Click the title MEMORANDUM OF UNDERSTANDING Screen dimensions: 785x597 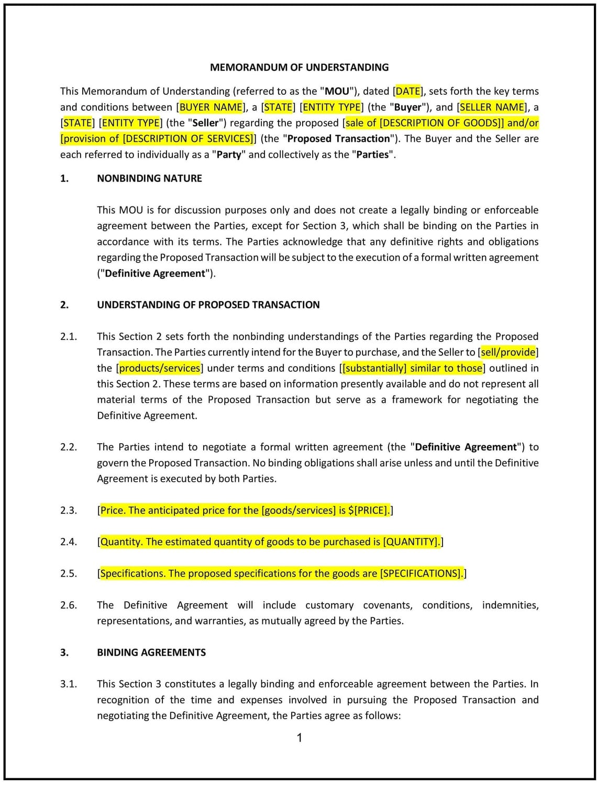click(299, 67)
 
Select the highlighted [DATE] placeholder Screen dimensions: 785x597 click(408, 91)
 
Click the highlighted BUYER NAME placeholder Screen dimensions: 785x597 click(211, 107)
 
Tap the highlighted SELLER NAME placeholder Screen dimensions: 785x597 click(492, 107)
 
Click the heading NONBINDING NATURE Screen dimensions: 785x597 click(149, 178)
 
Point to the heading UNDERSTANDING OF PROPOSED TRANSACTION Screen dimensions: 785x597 click(208, 305)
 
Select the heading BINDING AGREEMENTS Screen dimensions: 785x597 click(151, 653)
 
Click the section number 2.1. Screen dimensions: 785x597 click(68, 336)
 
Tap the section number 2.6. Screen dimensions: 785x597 click(68, 605)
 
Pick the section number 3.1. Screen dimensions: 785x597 click(68, 684)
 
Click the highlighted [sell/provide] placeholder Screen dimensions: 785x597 click(508, 352)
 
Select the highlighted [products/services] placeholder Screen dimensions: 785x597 click(160, 368)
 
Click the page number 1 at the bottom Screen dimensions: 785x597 click(299, 738)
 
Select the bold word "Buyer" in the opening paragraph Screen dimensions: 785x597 click(408, 107)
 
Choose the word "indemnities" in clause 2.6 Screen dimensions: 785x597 click(510, 605)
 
